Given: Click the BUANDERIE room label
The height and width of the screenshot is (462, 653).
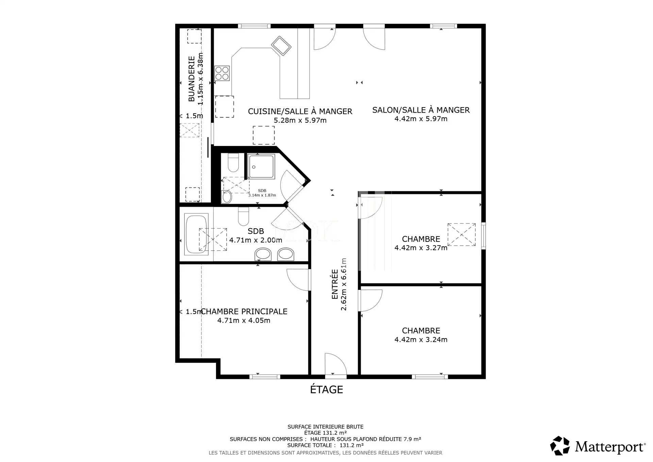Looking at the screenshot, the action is pyautogui.click(x=192, y=79).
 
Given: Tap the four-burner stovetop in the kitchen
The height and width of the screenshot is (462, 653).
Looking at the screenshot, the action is pyautogui.click(x=222, y=73).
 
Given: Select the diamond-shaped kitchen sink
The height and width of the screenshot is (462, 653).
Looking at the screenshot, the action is pyautogui.click(x=281, y=46).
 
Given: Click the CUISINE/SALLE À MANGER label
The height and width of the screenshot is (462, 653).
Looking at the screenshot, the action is pyautogui.click(x=300, y=111).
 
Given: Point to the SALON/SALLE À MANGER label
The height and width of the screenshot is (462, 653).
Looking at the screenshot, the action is pyautogui.click(x=421, y=110).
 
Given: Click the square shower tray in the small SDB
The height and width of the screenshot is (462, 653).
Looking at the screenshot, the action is pyautogui.click(x=261, y=166).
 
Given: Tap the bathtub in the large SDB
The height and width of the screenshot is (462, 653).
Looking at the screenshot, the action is pyautogui.click(x=196, y=234).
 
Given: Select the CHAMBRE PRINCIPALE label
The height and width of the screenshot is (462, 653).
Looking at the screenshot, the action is pyautogui.click(x=244, y=311).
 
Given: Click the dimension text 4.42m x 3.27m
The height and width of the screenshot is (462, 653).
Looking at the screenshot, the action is pyautogui.click(x=421, y=248).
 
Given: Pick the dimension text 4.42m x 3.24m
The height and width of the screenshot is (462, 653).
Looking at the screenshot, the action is pyautogui.click(x=421, y=340).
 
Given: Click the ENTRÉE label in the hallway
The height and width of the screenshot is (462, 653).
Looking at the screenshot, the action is pyautogui.click(x=335, y=284).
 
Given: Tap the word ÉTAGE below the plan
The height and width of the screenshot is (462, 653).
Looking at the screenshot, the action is pyautogui.click(x=326, y=389).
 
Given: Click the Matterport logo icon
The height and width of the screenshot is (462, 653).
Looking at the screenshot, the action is pyautogui.click(x=560, y=446).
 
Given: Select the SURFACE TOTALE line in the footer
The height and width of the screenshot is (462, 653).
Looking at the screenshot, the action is pyautogui.click(x=325, y=445).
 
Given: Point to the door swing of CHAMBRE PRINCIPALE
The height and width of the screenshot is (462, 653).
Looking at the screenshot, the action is pyautogui.click(x=298, y=280).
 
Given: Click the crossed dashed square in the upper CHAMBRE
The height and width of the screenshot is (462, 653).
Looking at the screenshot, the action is pyautogui.click(x=462, y=234).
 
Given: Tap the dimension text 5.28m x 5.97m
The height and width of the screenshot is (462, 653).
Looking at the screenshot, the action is pyautogui.click(x=300, y=120).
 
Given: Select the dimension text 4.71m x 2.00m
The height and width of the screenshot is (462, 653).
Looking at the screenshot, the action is pyautogui.click(x=256, y=240).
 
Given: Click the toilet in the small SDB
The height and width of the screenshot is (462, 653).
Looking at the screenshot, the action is pyautogui.click(x=234, y=162).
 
